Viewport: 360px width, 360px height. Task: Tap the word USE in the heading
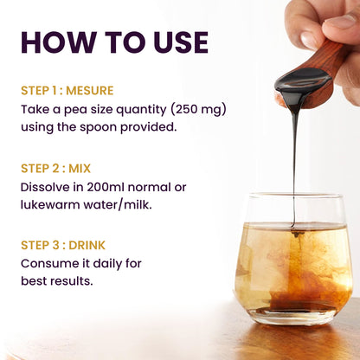pyautogui.click(x=181, y=42)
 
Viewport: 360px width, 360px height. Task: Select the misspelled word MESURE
pyautogui.click(x=90, y=91)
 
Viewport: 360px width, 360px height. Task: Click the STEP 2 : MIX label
pyautogui.click(x=56, y=169)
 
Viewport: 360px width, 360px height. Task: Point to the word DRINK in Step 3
pyautogui.click(x=87, y=245)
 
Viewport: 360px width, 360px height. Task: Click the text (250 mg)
pyautogui.click(x=198, y=110)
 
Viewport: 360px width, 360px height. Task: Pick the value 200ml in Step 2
pyautogui.click(x=106, y=187)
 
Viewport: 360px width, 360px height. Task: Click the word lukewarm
pyautogui.click(x=50, y=205)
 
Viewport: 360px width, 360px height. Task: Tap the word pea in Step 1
pyautogui.click(x=74, y=111)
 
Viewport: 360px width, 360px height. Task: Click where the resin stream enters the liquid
pyautogui.click(x=293, y=227)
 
